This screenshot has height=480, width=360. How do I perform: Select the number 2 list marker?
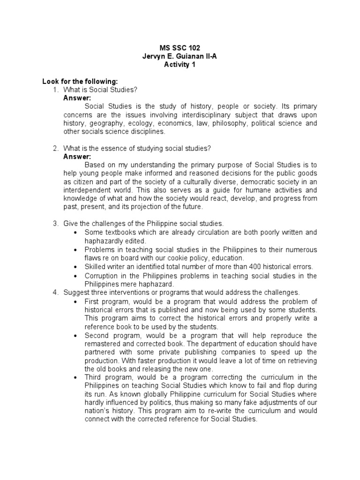point(55,149)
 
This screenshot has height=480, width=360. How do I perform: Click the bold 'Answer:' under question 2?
point(77,157)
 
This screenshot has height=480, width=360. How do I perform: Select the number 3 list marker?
point(55,224)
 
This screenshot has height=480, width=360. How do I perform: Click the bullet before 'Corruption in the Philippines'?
point(76,275)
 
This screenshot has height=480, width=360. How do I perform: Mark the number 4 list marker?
point(55,292)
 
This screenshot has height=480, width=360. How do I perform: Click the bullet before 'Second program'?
point(76,336)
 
